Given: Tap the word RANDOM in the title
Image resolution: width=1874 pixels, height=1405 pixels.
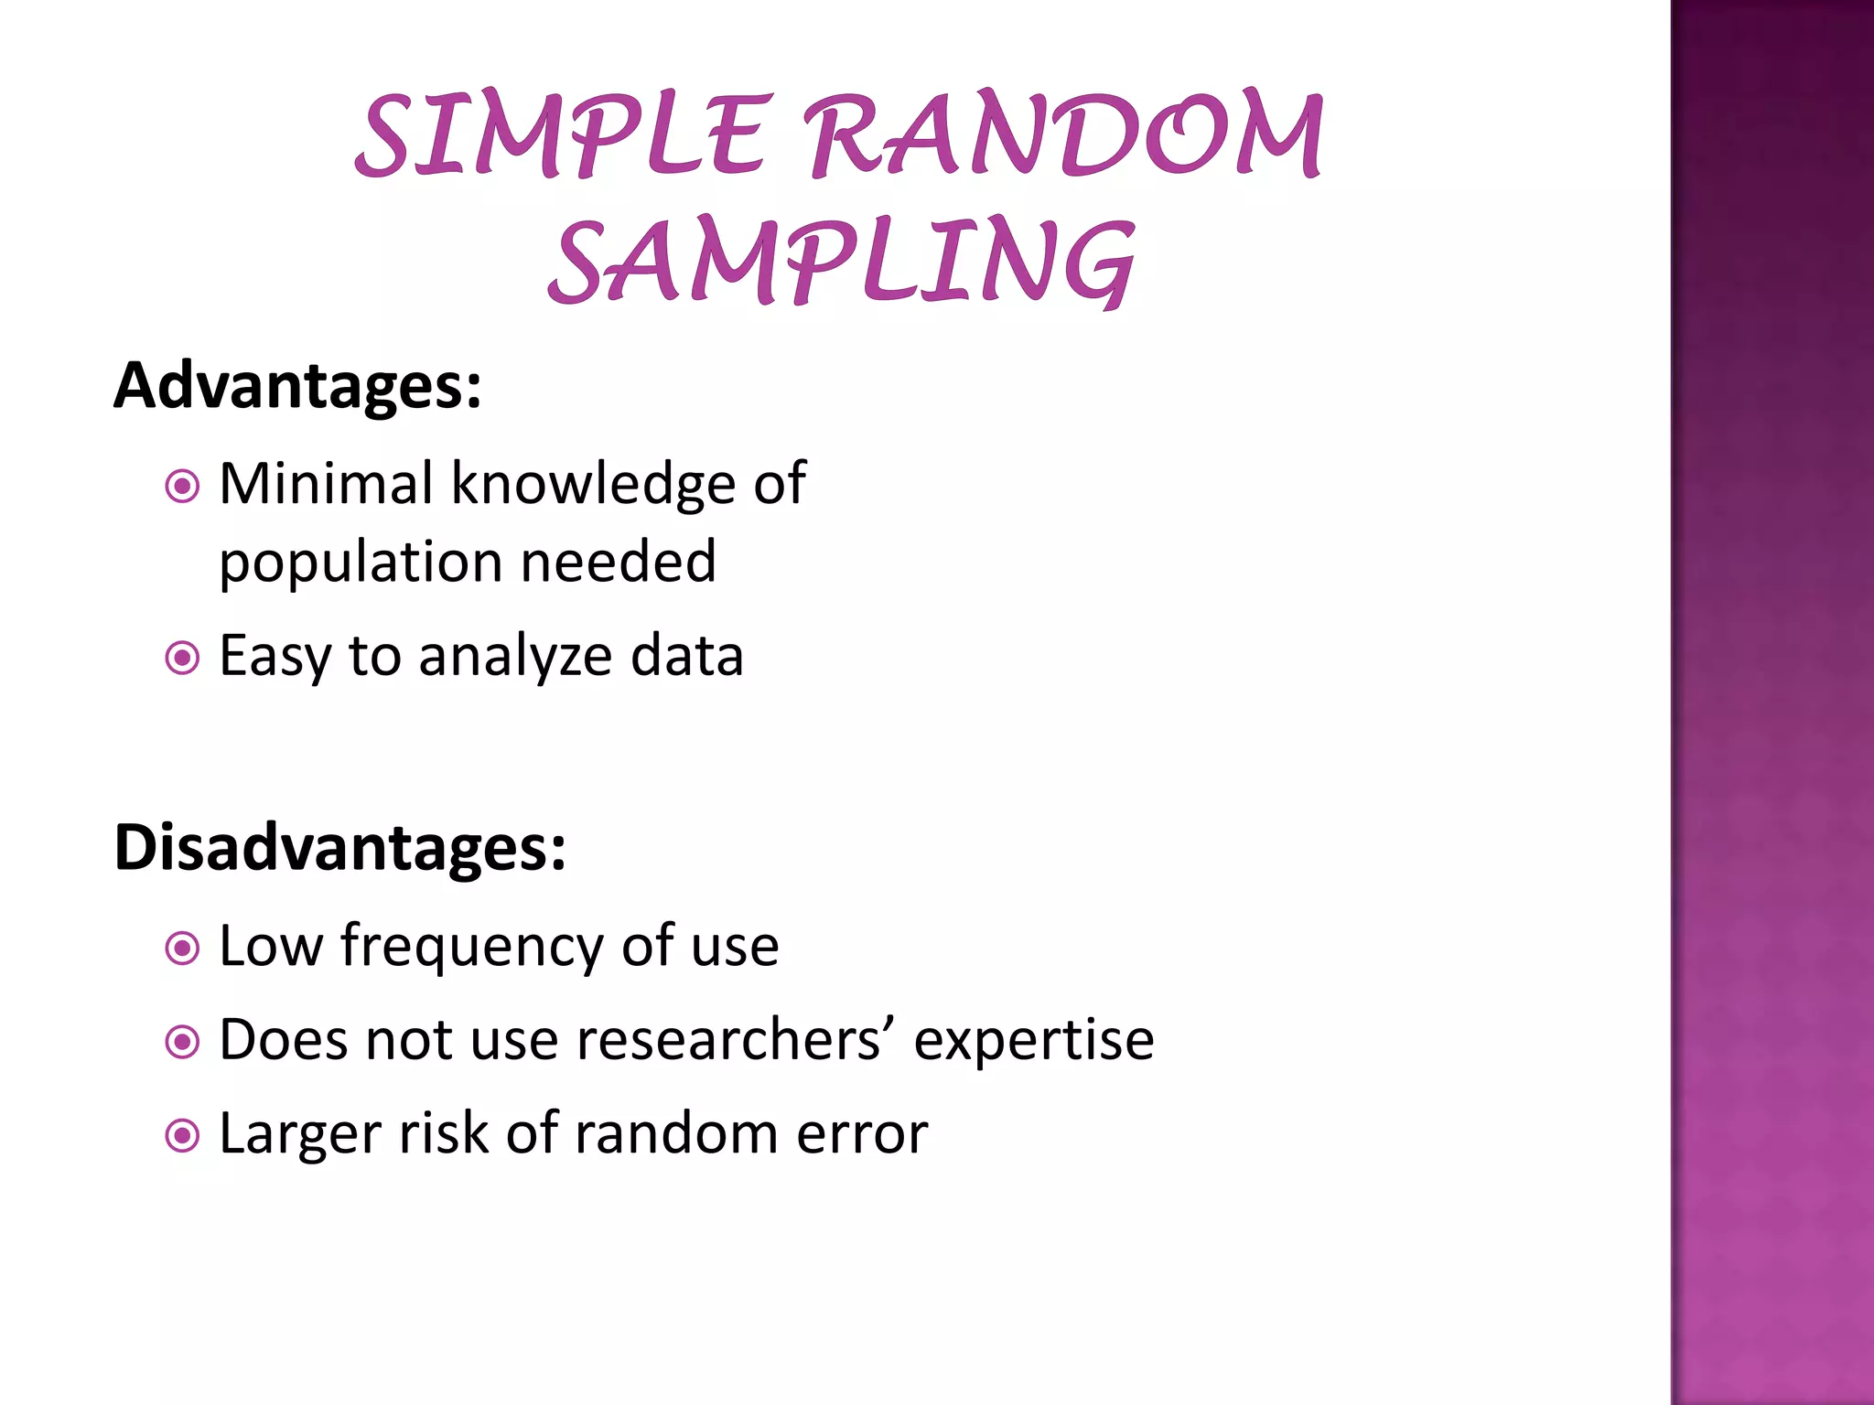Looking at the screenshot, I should pyautogui.click(x=1066, y=135).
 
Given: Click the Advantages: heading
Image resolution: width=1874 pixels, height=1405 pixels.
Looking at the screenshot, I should pyautogui.click(x=297, y=386).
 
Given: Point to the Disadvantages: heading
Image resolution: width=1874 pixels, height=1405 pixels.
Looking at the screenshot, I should pyautogui.click(x=339, y=848).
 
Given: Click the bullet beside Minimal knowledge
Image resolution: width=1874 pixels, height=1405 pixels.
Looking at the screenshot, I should pyautogui.click(x=182, y=486).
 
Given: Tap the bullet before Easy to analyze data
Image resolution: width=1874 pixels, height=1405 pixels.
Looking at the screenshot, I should pyautogui.click(x=182, y=658).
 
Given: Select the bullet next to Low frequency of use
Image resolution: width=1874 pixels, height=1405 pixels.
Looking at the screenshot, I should pyautogui.click(x=182, y=948).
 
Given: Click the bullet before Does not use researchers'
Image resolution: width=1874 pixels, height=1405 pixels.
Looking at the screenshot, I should pyautogui.click(x=182, y=1042).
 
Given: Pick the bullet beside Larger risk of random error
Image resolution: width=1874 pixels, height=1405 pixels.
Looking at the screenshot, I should pyautogui.click(x=182, y=1136).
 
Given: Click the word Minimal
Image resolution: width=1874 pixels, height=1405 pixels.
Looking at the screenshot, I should pyautogui.click(x=326, y=484).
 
